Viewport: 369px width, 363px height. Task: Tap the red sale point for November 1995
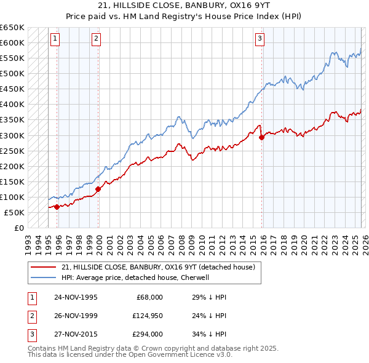[57, 207]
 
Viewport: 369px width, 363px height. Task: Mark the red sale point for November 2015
[262, 137]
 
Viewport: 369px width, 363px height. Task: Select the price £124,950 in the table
[146, 316]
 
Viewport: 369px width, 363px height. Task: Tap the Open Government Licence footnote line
[129, 356]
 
